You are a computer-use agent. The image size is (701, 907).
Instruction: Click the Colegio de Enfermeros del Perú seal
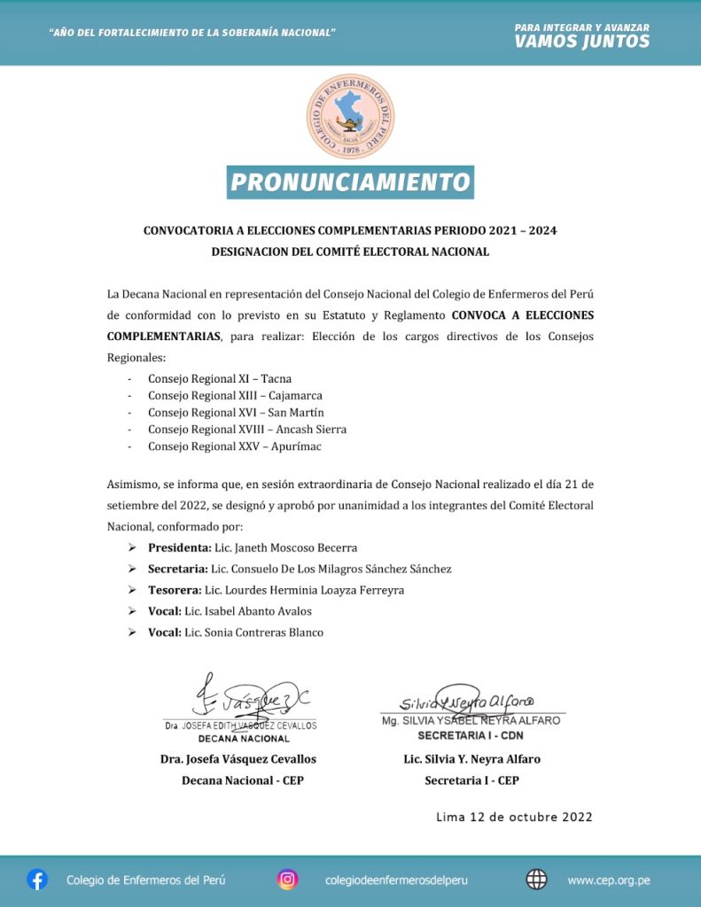click(350, 116)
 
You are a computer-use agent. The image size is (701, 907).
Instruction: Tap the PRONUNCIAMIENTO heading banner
click(350, 182)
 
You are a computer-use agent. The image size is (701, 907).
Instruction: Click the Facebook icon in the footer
click(37, 880)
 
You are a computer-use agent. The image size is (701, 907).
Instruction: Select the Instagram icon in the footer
click(287, 880)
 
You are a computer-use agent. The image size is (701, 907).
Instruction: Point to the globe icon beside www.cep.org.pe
click(536, 880)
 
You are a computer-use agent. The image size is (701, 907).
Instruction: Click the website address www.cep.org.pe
click(609, 880)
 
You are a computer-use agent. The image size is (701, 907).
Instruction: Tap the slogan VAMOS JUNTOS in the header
click(581, 42)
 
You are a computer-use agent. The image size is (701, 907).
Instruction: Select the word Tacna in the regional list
click(276, 379)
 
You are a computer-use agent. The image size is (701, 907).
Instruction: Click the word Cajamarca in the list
click(296, 396)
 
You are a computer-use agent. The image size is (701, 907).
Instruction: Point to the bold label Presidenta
click(179, 547)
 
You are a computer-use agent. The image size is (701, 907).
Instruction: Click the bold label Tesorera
click(175, 590)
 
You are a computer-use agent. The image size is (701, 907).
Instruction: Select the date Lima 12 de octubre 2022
click(514, 817)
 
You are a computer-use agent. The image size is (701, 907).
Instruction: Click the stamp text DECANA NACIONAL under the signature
click(244, 738)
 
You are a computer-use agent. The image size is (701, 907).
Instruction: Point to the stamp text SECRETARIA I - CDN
click(471, 735)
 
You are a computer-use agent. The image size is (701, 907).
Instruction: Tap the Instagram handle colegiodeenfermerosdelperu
click(396, 880)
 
